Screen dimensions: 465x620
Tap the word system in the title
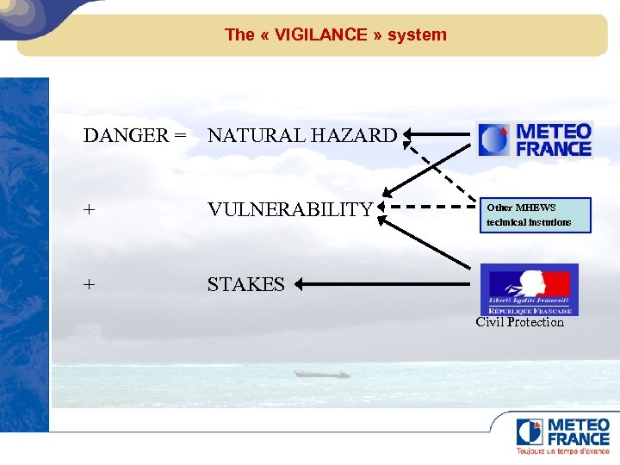[417, 35]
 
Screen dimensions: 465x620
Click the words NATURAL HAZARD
[302, 136]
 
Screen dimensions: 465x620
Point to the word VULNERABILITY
[290, 209]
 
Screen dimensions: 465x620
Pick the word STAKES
[245, 284]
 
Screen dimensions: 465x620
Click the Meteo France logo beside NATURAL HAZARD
[535, 139]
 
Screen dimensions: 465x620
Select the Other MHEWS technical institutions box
[535, 215]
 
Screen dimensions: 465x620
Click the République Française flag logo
[529, 289]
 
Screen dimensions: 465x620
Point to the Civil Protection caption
[520, 322]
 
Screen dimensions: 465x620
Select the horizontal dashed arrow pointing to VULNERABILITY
[426, 207]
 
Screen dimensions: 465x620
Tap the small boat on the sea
[320, 374]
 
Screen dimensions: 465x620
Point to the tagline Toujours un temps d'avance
[562, 451]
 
